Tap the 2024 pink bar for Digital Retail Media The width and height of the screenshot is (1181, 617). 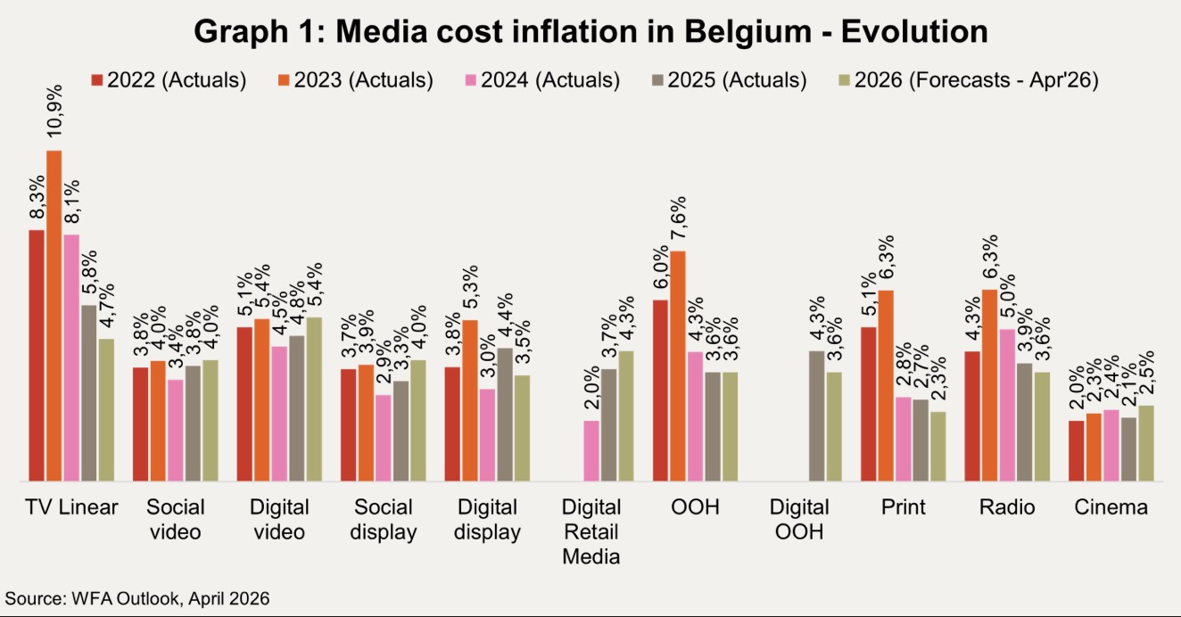point(591,451)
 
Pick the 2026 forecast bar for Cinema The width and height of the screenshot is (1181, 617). point(1146,444)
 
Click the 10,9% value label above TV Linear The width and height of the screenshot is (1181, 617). point(54,115)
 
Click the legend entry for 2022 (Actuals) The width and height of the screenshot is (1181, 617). point(169,80)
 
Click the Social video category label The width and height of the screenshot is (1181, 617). point(176,520)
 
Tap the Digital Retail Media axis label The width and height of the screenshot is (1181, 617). point(591,532)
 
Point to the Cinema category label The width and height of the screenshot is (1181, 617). point(1111,507)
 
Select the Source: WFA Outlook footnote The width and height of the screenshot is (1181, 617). point(137,597)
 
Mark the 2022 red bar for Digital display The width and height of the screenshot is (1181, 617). point(453,424)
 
